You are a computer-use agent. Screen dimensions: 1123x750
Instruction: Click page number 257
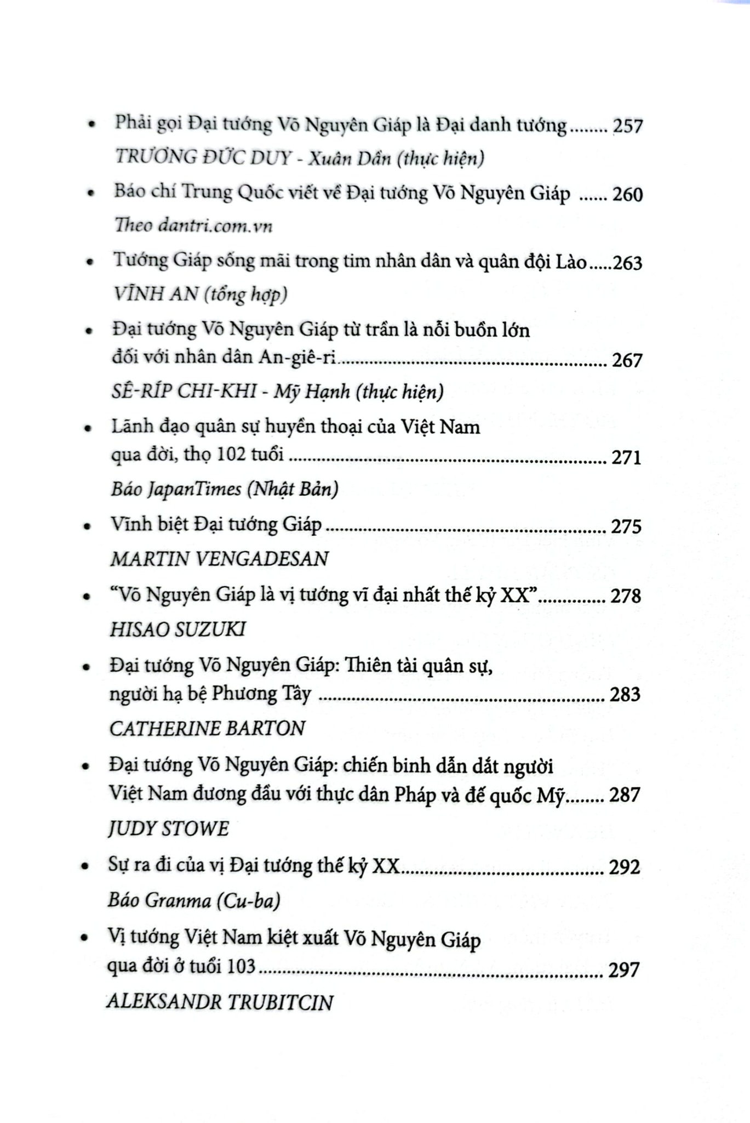(x=627, y=127)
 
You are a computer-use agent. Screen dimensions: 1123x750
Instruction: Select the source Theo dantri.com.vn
(x=193, y=225)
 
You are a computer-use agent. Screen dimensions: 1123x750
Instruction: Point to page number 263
(x=627, y=263)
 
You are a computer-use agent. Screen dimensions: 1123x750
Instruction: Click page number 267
(x=626, y=360)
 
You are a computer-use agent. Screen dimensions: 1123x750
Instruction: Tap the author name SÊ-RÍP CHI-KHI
(x=187, y=391)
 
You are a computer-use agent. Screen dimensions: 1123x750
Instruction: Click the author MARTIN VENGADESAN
(x=219, y=558)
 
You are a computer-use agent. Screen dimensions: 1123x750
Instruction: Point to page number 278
(x=626, y=596)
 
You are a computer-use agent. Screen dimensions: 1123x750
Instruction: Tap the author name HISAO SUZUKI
(x=178, y=629)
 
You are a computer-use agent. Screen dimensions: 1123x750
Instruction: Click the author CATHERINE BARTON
(x=207, y=728)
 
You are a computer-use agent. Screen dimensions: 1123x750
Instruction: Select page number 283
(x=625, y=695)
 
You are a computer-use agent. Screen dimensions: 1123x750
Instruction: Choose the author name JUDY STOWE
(x=169, y=828)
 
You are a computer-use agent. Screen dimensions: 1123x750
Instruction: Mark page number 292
(x=625, y=867)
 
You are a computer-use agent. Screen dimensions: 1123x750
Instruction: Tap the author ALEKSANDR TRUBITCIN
(x=220, y=1002)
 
